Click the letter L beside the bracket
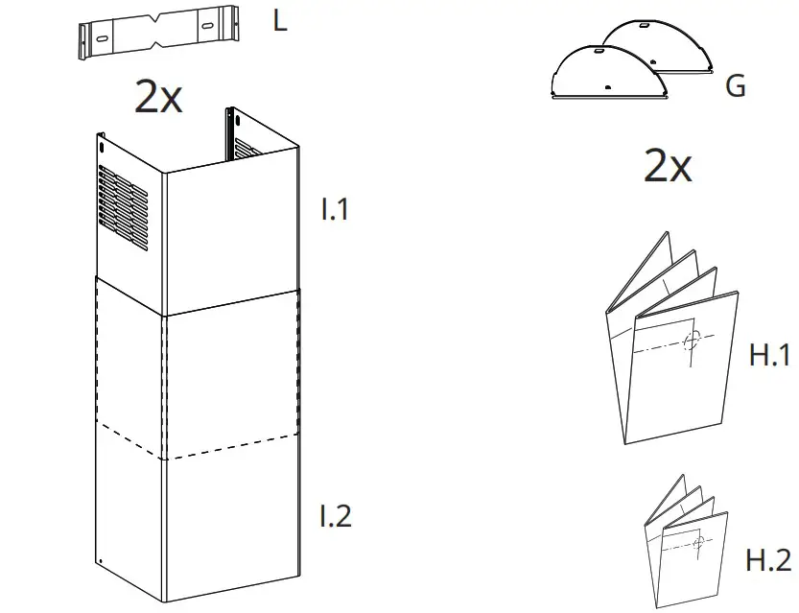[x=279, y=21]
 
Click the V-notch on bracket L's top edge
[x=156, y=21]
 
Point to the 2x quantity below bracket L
[x=158, y=99]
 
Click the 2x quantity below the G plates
[x=668, y=167]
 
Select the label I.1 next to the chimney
[x=335, y=210]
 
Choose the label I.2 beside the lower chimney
[x=336, y=516]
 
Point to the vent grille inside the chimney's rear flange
[x=247, y=149]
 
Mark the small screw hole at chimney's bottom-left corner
[x=101, y=561]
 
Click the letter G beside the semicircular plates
[x=736, y=86]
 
